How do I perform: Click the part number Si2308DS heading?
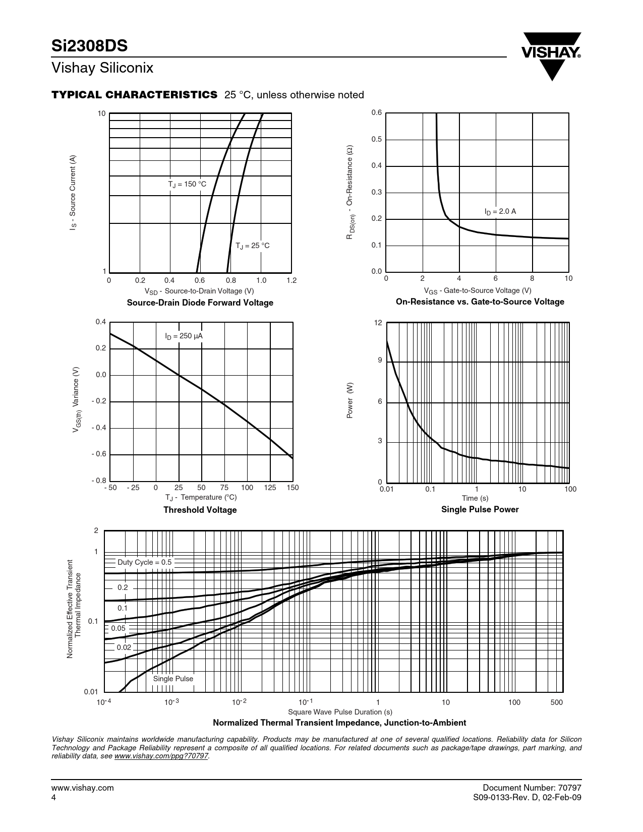89,46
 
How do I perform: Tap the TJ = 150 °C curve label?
187,185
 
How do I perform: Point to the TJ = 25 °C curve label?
253,246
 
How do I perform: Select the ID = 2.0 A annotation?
500,212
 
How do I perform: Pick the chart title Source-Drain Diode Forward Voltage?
200,303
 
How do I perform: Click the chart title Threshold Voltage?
200,510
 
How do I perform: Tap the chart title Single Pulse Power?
480,509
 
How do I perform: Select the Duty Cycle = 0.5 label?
144,562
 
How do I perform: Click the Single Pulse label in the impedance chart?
173,679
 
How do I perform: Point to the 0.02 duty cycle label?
124,647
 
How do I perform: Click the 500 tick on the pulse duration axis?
556,702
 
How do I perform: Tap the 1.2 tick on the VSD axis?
291,280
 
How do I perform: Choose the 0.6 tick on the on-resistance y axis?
377,113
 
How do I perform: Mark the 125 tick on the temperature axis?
270,488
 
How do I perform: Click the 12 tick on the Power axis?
378,322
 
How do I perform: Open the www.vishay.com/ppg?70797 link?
161,756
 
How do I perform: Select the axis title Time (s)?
475,498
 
